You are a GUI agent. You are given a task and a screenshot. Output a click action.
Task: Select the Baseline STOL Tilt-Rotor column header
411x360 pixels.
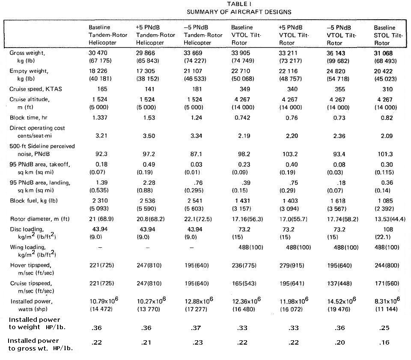[388, 35]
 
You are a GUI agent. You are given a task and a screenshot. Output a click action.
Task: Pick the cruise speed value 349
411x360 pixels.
[243, 89]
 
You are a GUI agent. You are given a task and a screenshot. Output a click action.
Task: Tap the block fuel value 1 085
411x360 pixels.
[385, 201]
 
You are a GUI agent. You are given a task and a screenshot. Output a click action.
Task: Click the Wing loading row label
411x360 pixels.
[27, 248]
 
